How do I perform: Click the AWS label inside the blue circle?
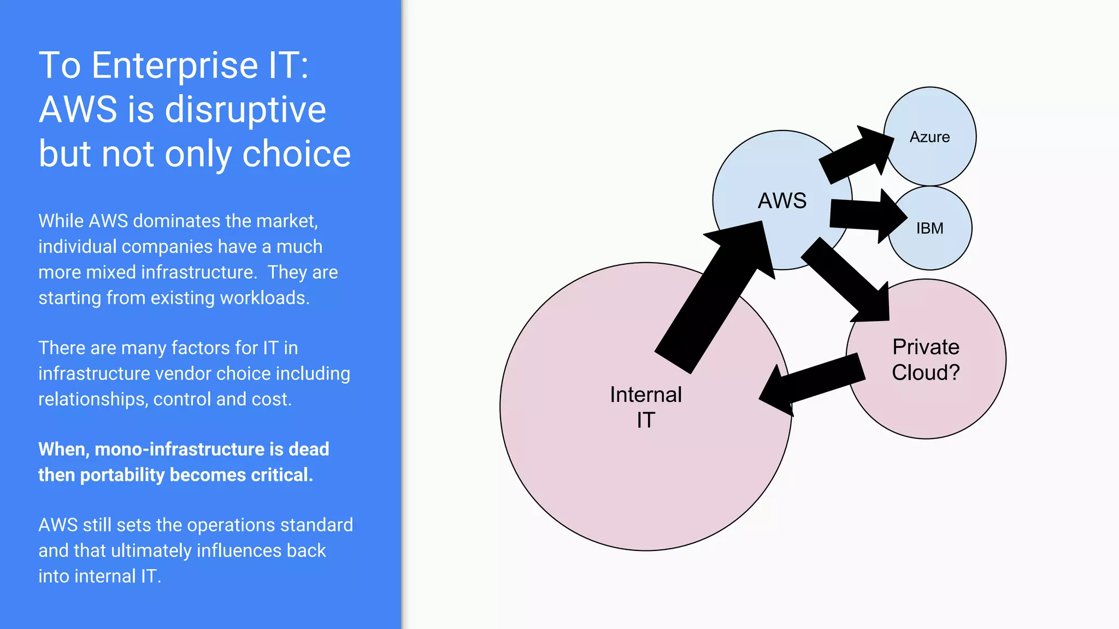tap(782, 201)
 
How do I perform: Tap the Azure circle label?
tap(929, 137)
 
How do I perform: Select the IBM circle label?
tap(929, 228)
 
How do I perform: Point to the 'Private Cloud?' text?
tap(926, 360)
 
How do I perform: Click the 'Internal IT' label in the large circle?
tap(646, 407)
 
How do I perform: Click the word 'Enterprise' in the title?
tap(174, 66)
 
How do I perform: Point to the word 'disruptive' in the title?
tap(245, 110)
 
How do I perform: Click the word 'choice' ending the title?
tap(296, 154)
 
